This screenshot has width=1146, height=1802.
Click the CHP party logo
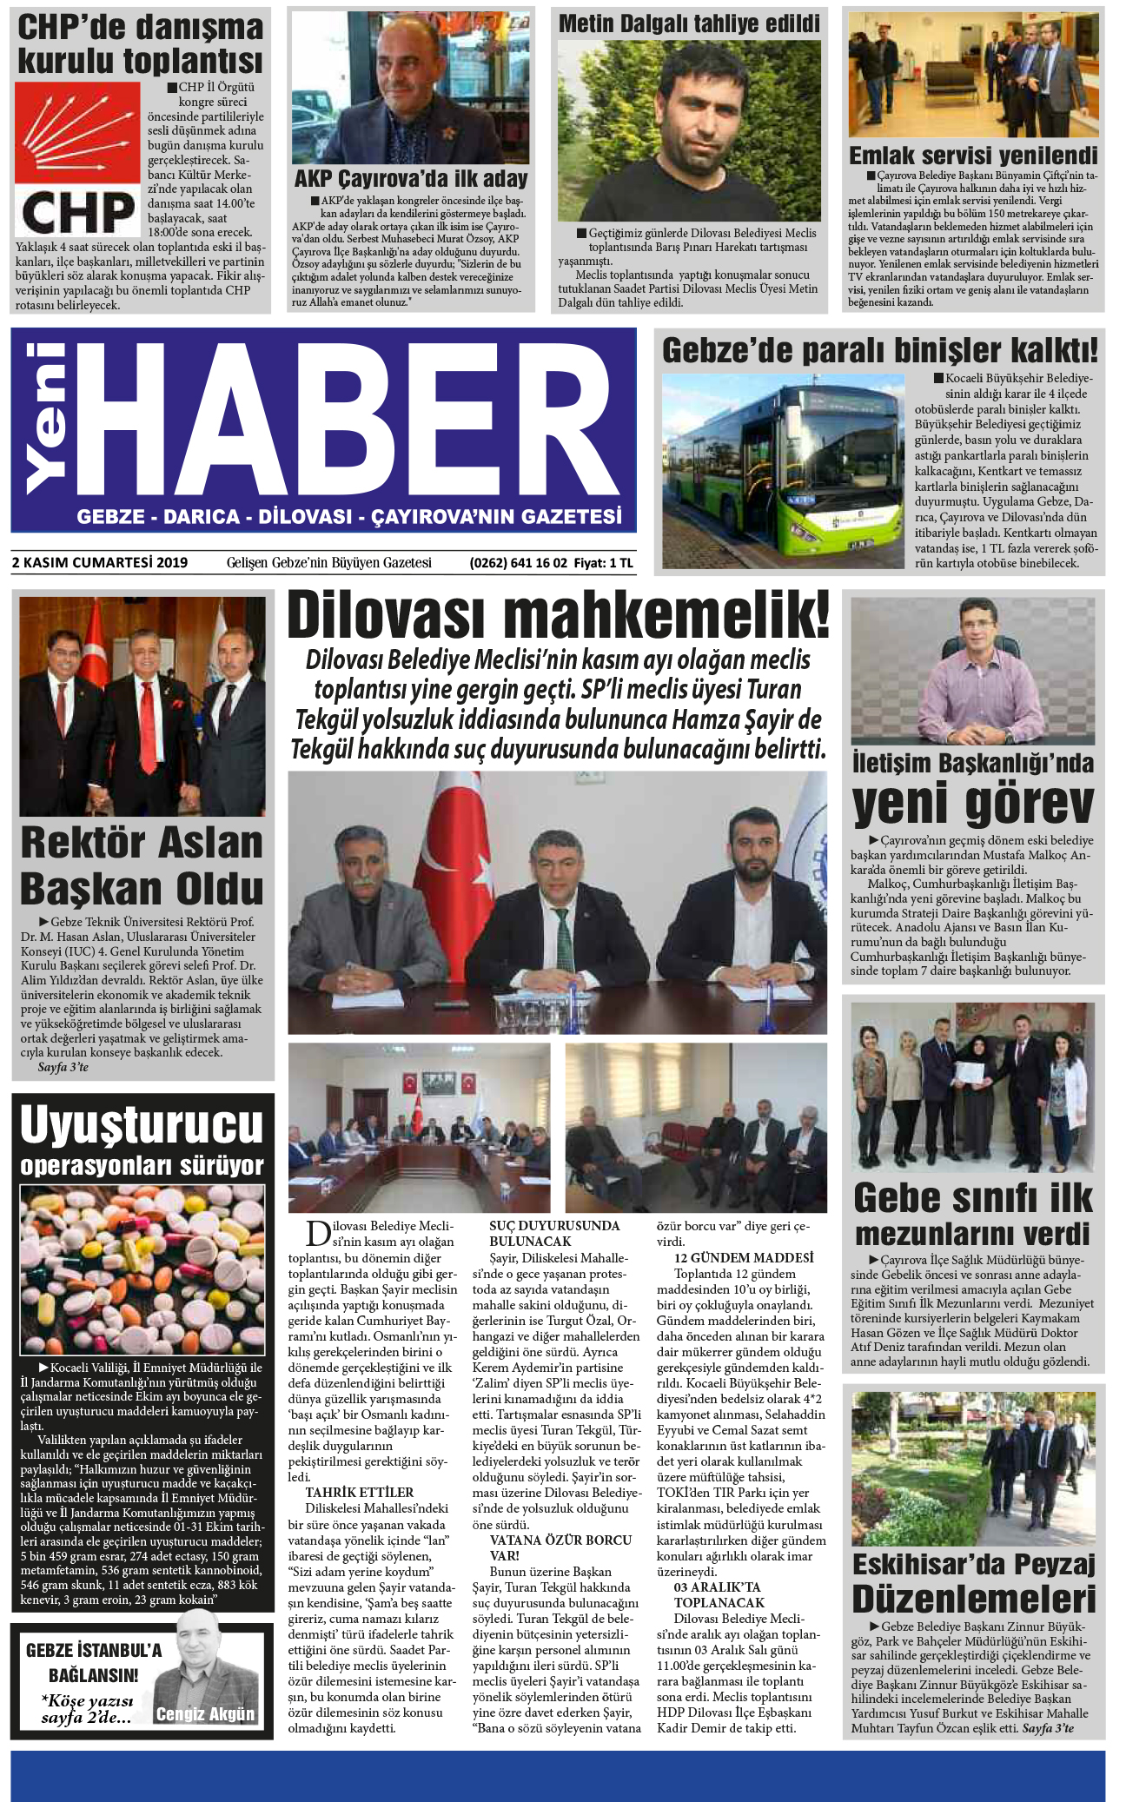tap(77, 158)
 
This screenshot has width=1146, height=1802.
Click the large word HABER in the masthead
tap(348, 421)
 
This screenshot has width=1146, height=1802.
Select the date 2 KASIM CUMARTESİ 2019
tap(100, 562)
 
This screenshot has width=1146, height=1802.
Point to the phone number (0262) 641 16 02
tap(518, 562)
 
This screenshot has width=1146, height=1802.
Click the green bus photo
tap(783, 470)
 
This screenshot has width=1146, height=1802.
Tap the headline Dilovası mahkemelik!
tap(558, 614)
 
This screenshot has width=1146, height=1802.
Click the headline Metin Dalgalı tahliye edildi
tap(688, 23)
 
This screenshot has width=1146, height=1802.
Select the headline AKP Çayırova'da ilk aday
tap(410, 179)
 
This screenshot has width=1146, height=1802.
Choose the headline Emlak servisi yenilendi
tap(973, 156)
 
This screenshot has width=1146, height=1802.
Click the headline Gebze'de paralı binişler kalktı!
tap(879, 350)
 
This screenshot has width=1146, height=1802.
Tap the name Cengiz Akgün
tap(205, 1731)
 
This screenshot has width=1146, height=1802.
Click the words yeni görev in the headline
tap(972, 804)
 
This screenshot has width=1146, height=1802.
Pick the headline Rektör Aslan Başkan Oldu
tap(142, 865)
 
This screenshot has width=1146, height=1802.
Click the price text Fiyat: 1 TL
tap(604, 562)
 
